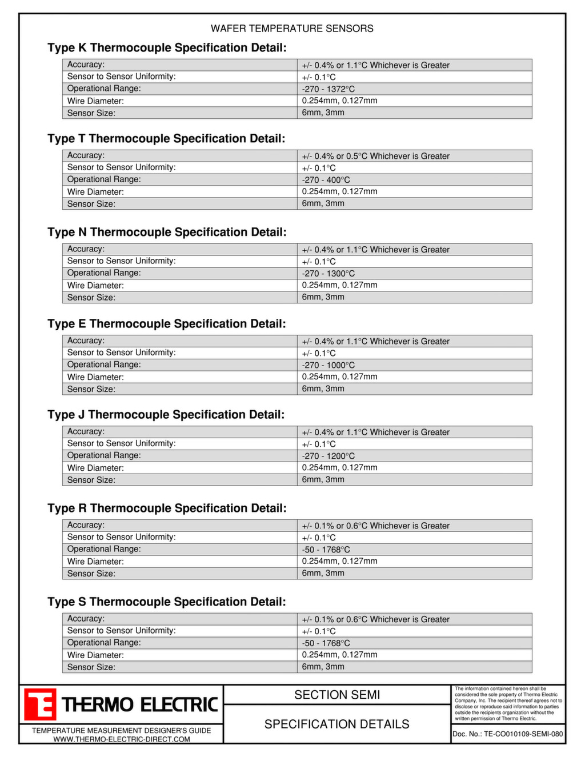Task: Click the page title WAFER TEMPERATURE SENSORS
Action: point(292,29)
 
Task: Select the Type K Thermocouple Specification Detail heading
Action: point(167,47)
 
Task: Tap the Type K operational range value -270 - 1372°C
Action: point(328,89)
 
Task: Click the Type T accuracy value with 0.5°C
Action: point(375,156)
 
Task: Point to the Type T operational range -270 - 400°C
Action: point(326,180)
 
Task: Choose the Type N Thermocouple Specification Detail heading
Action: point(167,232)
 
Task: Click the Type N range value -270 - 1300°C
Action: point(328,274)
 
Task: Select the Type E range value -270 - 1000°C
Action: point(328,365)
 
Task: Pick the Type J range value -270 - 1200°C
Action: point(328,456)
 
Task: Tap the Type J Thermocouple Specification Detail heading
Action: point(166,415)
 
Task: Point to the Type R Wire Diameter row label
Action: point(95,562)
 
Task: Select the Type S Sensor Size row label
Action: point(91,667)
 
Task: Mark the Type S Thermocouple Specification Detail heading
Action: point(167,602)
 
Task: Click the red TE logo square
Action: point(40,704)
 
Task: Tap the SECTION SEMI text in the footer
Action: point(337,695)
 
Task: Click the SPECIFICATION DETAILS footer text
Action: point(337,724)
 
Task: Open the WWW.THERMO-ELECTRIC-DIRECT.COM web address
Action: point(122,739)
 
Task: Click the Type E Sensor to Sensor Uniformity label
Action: point(121,353)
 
